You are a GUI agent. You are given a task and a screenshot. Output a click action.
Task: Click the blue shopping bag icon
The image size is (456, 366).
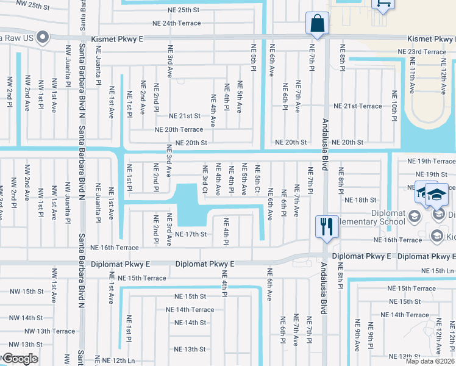317,24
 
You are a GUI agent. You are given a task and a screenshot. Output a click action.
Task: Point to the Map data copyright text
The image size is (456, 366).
430,361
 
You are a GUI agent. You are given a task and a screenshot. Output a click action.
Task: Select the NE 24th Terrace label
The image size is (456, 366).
177,23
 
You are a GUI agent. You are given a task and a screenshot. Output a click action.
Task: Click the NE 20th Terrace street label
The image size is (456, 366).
179,129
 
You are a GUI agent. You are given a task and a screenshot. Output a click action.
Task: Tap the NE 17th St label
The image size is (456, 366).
191,234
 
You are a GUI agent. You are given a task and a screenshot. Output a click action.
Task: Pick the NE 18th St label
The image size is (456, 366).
360,199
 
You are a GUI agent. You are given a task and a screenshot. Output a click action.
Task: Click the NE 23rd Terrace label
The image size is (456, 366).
427,52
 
